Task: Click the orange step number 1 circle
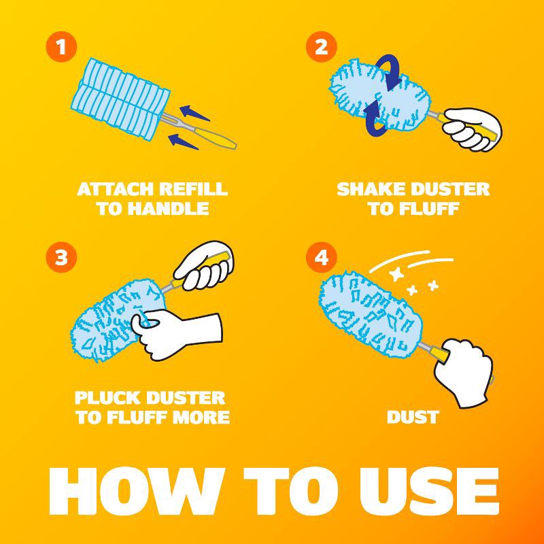point(61,47)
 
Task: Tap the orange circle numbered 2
point(321,47)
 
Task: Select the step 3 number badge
point(61,257)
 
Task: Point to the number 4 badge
point(321,257)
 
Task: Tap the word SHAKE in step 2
point(371,190)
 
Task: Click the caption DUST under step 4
point(413,417)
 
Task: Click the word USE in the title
point(429,491)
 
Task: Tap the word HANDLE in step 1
point(168,209)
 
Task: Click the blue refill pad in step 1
point(120,99)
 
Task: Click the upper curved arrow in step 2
point(390,71)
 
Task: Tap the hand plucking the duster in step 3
point(175,332)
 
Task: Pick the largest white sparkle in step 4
point(396,274)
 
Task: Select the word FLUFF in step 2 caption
point(430,209)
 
